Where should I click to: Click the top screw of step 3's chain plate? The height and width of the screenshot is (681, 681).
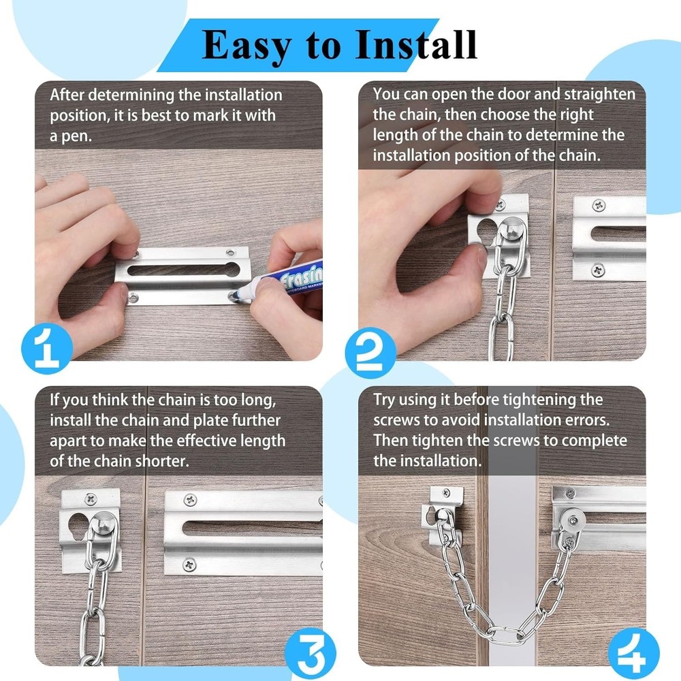coord(89,498)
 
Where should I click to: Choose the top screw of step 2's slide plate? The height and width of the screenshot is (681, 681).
coord(598,205)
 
